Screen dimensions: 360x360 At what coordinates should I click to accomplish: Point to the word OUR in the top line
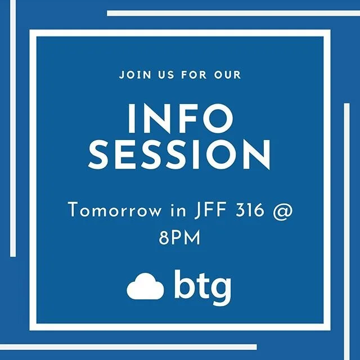[x=228, y=74]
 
